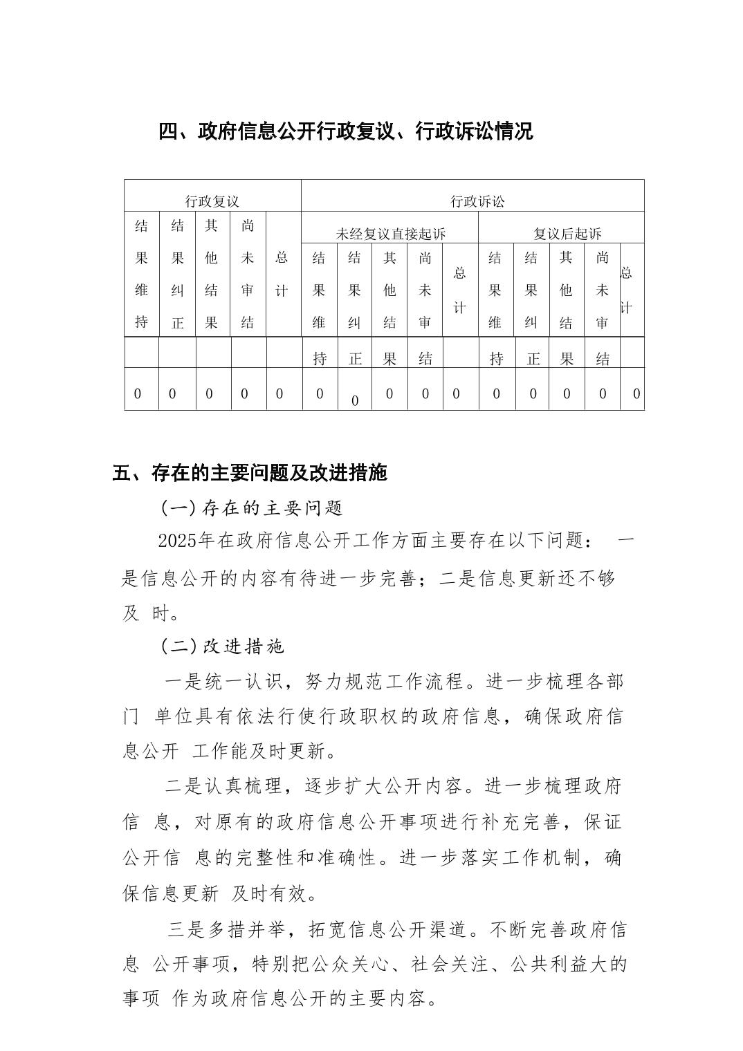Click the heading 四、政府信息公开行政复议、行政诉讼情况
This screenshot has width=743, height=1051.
click(345, 131)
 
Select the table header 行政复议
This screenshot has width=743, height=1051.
click(212, 201)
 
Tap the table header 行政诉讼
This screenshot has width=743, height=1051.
click(477, 201)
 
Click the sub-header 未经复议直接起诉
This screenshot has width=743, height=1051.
click(390, 234)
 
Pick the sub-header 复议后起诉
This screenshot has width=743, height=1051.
click(567, 234)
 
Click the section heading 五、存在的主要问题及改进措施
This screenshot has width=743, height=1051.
click(249, 473)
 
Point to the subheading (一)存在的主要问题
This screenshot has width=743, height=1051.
click(252, 508)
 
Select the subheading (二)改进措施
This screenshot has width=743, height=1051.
click(222, 647)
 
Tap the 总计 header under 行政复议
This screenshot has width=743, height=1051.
click(281, 274)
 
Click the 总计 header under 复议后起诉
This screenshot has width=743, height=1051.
click(626, 290)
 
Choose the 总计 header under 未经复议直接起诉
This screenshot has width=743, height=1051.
click(459, 290)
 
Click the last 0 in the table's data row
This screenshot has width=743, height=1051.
click(636, 394)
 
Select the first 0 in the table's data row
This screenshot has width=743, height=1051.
click(137, 394)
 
